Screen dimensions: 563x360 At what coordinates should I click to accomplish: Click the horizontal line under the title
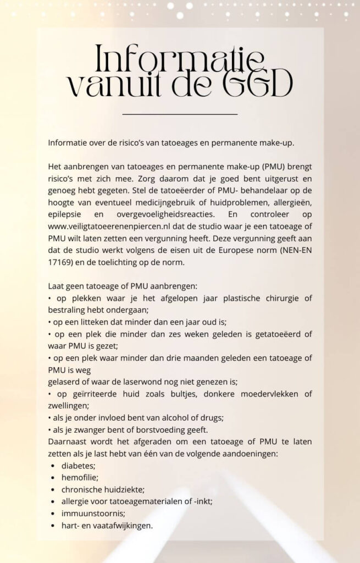pyautogui.click(x=180, y=114)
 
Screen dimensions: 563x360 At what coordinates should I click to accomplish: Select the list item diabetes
pyautogui.click(x=79, y=465)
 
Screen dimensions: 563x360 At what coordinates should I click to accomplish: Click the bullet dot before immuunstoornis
pyautogui.click(x=52, y=514)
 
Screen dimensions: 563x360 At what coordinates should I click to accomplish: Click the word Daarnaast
pyautogui.click(x=68, y=441)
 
